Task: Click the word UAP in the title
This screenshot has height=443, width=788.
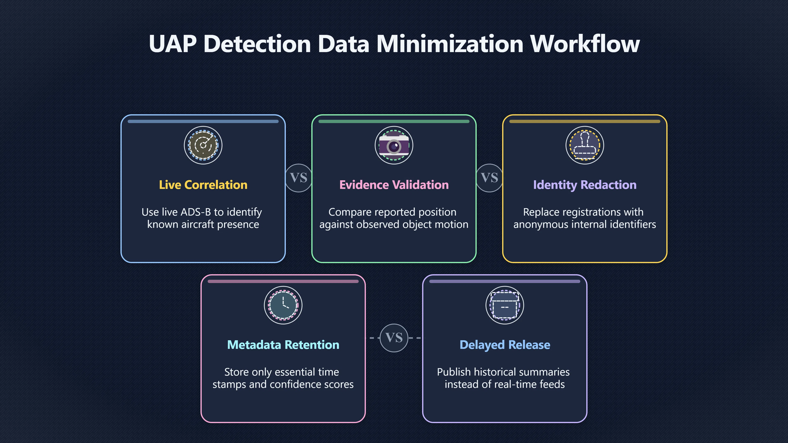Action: click(173, 44)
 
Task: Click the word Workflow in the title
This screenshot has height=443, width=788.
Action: click(585, 44)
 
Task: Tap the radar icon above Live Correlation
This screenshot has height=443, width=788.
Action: click(203, 145)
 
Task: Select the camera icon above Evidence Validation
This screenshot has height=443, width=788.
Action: click(394, 145)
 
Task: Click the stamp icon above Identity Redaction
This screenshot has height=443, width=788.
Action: click(585, 145)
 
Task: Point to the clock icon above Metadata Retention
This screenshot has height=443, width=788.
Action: click(283, 305)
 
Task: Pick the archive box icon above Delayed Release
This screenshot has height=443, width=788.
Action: click(505, 305)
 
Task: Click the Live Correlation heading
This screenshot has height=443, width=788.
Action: click(203, 185)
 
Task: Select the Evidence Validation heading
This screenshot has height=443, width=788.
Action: click(394, 185)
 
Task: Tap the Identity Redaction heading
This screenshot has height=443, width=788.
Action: click(585, 185)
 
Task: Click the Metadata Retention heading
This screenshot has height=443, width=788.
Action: click(283, 345)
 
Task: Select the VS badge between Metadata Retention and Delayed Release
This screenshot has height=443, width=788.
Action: click(394, 338)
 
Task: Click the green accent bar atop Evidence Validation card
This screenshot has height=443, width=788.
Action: click(394, 121)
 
